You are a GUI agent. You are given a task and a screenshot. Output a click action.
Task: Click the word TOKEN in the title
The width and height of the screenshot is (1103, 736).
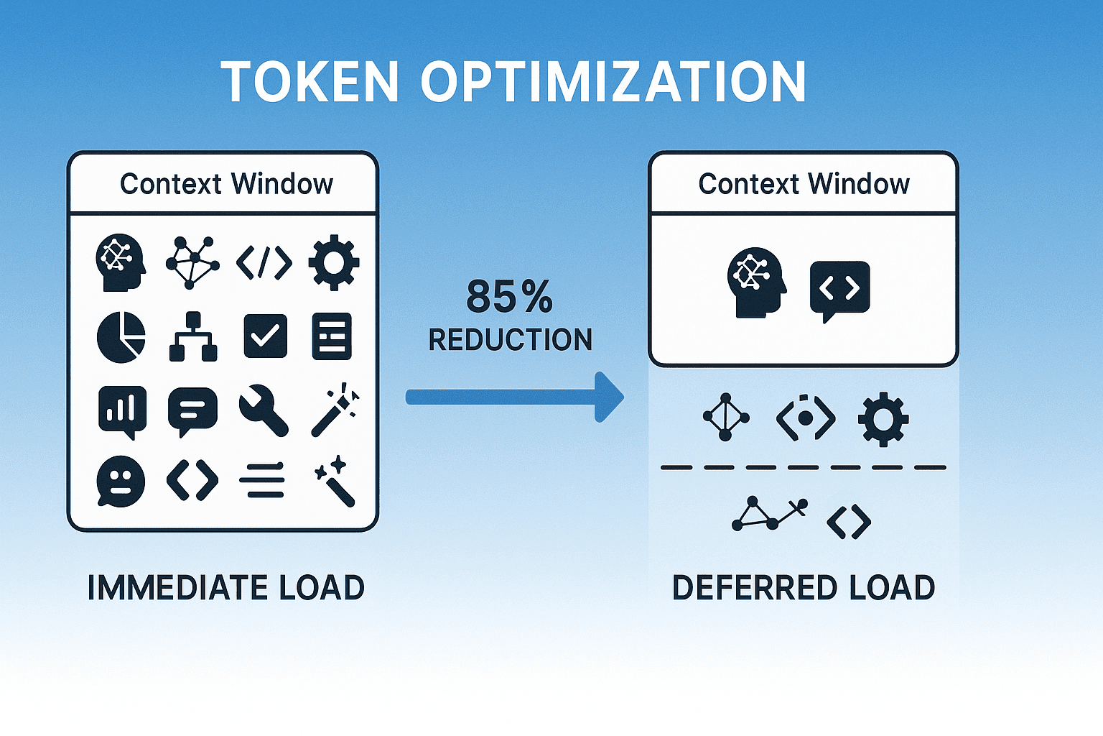tap(310, 82)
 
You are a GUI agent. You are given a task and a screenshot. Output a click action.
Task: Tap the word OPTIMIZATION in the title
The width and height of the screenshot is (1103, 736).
tap(613, 82)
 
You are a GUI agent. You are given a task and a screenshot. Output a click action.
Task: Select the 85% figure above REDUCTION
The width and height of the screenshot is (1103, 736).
tap(510, 296)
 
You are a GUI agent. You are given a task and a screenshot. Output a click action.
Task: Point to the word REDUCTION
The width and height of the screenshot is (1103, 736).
tap(511, 340)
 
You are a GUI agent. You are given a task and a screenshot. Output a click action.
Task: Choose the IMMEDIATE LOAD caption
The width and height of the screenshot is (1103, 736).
tap(226, 588)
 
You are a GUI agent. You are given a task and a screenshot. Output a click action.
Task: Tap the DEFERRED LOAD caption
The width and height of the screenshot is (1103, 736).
tap(804, 588)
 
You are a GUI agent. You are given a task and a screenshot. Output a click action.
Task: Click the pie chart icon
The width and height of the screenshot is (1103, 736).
tap(121, 337)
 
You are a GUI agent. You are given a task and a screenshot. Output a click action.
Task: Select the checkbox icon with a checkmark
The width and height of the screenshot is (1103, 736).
tap(266, 336)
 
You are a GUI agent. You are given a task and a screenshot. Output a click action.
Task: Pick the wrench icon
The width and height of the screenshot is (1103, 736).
tap(264, 410)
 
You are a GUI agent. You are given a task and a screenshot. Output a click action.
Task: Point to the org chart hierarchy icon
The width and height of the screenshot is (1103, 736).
tap(192, 336)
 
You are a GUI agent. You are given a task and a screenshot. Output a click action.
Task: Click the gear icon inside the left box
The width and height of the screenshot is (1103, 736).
tap(333, 263)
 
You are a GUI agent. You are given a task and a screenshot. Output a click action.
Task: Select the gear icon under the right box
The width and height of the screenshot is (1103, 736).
tap(883, 419)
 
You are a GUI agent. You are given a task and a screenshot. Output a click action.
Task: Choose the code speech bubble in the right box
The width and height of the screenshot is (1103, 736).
tap(839, 290)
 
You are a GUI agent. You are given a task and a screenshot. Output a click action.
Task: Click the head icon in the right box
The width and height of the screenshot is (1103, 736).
tap(756, 282)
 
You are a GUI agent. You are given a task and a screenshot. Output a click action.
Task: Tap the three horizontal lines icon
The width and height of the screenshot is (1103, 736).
tap(262, 480)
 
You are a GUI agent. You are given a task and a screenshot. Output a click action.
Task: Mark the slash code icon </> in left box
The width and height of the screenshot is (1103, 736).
tap(264, 263)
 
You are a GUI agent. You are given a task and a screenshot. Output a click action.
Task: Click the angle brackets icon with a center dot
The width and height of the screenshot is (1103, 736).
tap(806, 417)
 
